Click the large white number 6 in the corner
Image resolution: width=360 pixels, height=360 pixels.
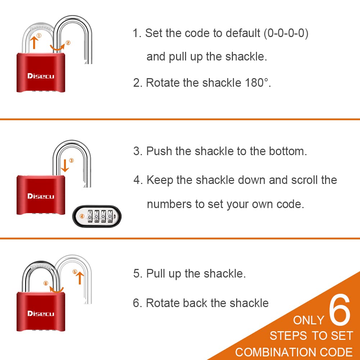click(339, 310)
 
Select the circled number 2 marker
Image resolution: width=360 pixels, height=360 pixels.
click(68, 43)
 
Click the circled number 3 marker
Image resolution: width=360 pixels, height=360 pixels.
click(71, 161)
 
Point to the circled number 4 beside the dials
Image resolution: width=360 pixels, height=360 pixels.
click(82, 216)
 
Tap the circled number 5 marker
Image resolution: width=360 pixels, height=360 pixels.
click(75, 272)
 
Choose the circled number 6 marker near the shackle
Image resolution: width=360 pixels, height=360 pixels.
click(46, 283)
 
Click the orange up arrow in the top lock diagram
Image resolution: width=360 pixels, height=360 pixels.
click(34, 42)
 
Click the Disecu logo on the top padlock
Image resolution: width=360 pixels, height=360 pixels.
click(40, 76)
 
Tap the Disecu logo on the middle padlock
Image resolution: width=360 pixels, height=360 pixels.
click(40, 196)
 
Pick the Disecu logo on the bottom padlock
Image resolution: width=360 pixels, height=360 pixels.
click(40, 314)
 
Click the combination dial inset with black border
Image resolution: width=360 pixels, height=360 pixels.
click(97, 217)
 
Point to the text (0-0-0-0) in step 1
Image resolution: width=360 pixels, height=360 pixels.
click(286, 33)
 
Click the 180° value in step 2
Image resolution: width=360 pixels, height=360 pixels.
click(256, 83)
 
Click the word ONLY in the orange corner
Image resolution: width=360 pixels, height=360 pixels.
click(309, 320)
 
